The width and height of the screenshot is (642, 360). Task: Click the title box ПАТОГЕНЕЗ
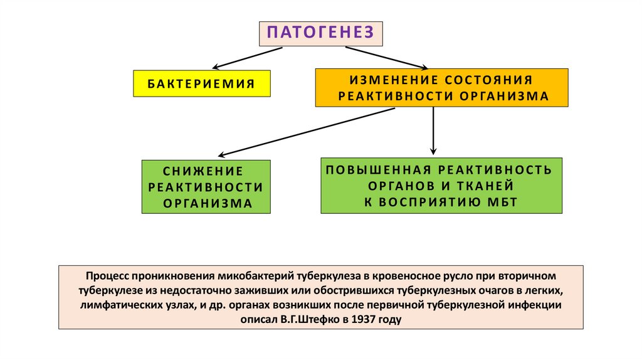click(x=320, y=33)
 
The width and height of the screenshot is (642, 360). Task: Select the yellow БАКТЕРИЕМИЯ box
click(x=201, y=83)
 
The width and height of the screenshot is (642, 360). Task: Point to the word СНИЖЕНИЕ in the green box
click(x=203, y=171)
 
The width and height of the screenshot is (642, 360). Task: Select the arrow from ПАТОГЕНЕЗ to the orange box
click(x=384, y=57)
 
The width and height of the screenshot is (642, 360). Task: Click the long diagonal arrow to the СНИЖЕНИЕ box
click(x=307, y=132)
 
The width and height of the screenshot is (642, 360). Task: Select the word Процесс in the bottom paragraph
click(x=110, y=276)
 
